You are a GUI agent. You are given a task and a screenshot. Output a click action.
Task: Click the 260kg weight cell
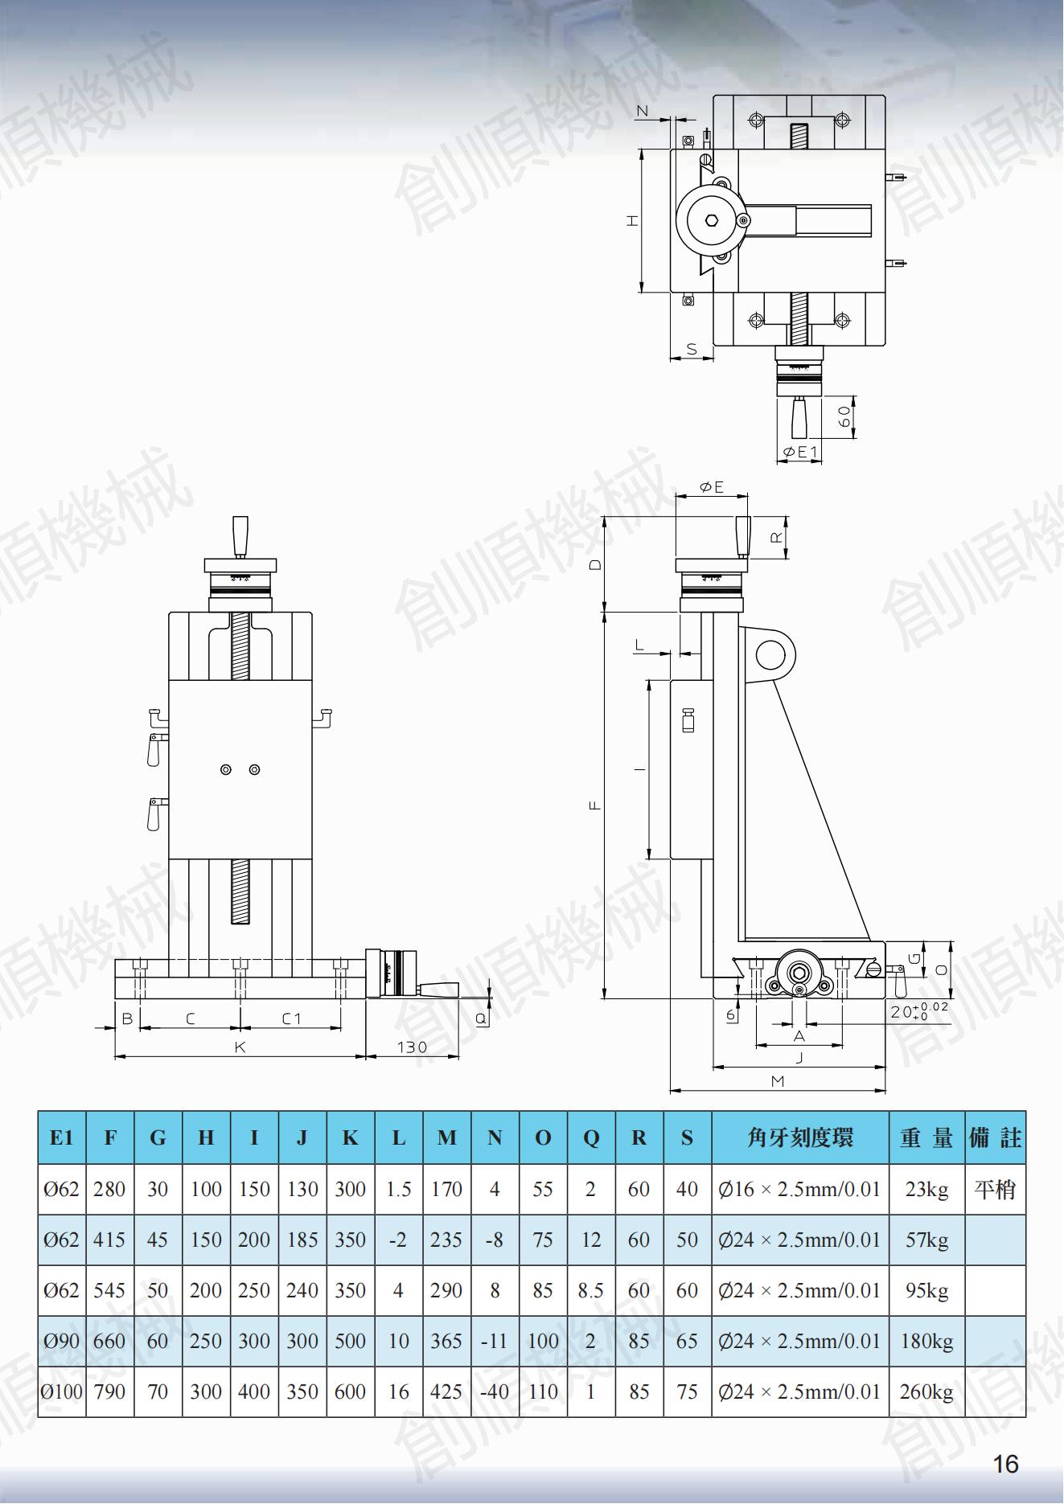click(926, 1391)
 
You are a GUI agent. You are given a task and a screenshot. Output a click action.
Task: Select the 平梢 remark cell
click(995, 1189)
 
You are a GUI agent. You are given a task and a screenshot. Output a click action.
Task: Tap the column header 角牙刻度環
click(800, 1137)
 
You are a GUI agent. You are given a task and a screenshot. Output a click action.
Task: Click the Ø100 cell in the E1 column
click(62, 1391)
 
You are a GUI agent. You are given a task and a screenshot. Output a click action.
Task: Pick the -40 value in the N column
click(495, 1391)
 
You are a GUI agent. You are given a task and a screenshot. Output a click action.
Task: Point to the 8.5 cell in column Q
click(591, 1290)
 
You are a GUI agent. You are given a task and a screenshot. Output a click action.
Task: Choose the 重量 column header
click(926, 1137)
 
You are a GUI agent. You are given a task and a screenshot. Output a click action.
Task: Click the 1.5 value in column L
click(399, 1189)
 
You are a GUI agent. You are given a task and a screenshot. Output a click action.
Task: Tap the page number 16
click(1005, 1464)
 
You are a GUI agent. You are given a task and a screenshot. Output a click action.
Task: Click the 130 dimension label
click(412, 1047)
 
